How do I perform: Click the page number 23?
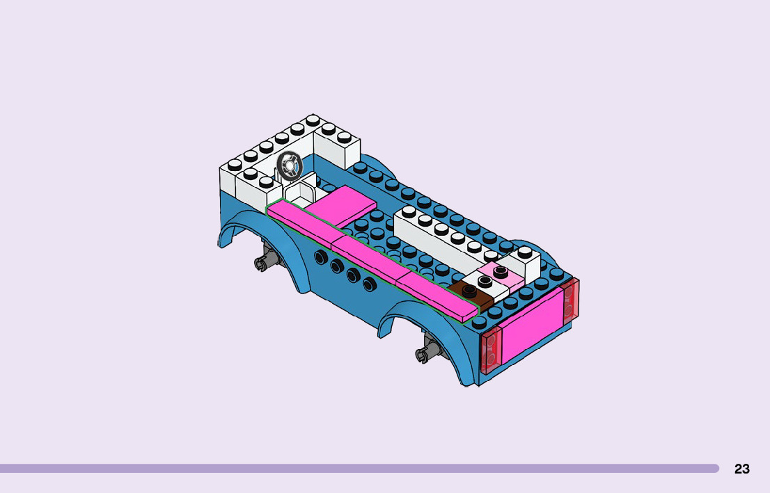pos(741,469)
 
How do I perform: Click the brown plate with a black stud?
pos(471,294)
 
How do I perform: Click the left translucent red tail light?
pos(490,350)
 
